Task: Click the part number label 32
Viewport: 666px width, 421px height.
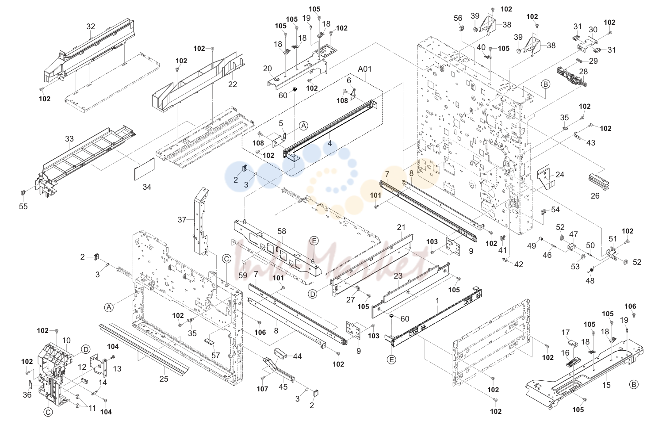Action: (91, 27)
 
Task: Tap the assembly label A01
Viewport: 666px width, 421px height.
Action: (364, 69)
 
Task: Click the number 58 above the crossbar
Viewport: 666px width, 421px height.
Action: (282, 231)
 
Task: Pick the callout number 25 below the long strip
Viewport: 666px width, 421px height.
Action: (164, 379)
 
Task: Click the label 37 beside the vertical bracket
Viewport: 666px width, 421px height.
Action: (182, 220)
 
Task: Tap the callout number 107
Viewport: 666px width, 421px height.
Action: (263, 389)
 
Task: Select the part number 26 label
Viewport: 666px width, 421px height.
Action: (595, 195)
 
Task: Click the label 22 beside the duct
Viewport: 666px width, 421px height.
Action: (233, 84)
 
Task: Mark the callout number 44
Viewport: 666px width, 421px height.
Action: (297, 356)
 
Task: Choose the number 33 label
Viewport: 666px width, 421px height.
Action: (69, 139)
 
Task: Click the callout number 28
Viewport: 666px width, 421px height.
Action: (583, 72)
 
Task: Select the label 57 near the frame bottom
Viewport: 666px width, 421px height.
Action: (215, 355)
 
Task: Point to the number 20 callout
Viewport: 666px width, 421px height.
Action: (268, 69)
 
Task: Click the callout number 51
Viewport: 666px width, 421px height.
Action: (613, 239)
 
